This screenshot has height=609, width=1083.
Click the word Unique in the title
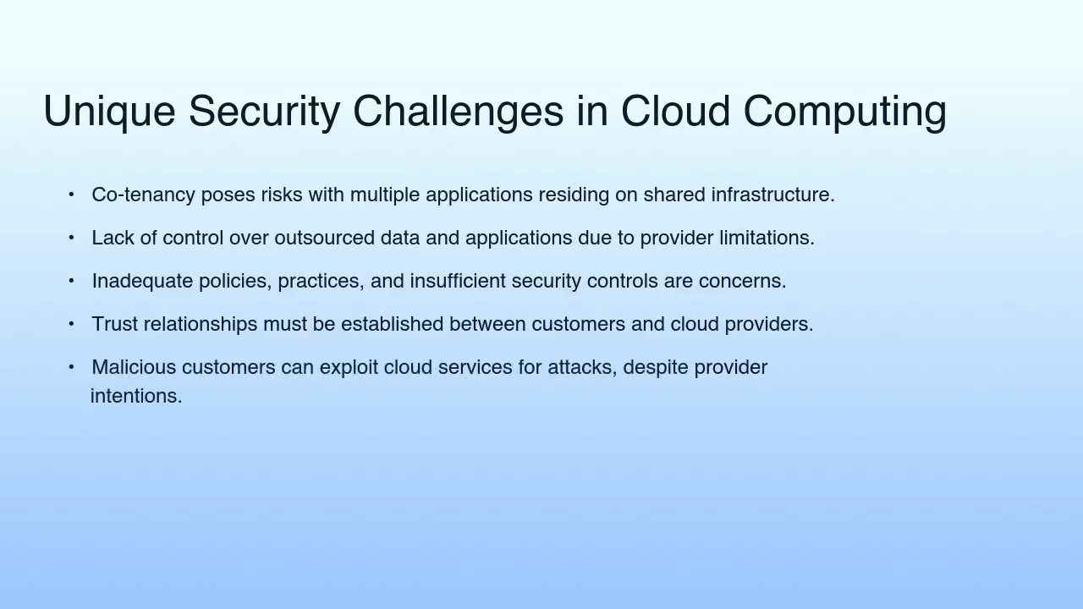109,112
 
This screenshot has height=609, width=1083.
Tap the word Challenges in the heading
458,112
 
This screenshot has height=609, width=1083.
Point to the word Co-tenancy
143,195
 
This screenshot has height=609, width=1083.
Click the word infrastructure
772,195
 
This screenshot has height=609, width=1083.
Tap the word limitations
767,239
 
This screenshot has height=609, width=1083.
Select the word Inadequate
142,282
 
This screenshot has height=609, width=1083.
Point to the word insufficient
458,282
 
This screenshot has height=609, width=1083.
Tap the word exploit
349,368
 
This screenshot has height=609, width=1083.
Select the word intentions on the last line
135,397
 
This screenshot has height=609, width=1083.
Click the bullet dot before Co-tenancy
71,195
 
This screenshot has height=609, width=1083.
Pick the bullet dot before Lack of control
71,238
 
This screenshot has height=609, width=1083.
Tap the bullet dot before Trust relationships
71,324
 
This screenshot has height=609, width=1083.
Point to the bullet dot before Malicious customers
71,367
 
